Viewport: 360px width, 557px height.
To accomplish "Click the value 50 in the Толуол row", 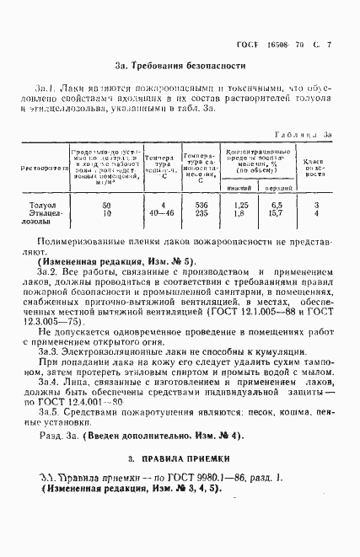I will (x=106, y=205).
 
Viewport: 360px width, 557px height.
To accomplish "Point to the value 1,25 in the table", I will (x=240, y=205).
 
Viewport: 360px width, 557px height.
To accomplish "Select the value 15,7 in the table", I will (x=274, y=214).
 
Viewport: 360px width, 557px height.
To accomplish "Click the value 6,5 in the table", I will (x=274, y=205).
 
